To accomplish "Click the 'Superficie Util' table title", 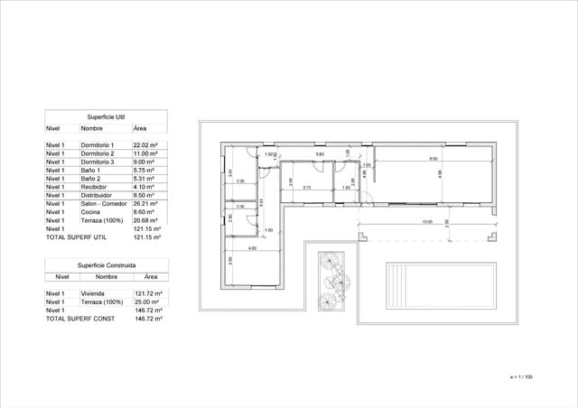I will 106,117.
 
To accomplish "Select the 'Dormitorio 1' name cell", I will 98,145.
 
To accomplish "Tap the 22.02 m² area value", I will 146,145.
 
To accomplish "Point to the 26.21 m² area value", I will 146,204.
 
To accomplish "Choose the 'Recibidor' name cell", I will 94,187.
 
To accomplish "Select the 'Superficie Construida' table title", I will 106,266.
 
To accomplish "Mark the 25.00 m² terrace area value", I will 147,302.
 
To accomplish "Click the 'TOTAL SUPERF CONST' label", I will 79,319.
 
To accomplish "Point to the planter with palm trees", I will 333,280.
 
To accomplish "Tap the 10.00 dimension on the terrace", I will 426,221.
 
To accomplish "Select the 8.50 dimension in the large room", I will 433,159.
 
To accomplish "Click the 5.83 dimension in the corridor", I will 319,155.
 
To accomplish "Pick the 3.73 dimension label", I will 307,188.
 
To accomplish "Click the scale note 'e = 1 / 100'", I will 521,376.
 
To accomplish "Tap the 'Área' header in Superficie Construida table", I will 150,277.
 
